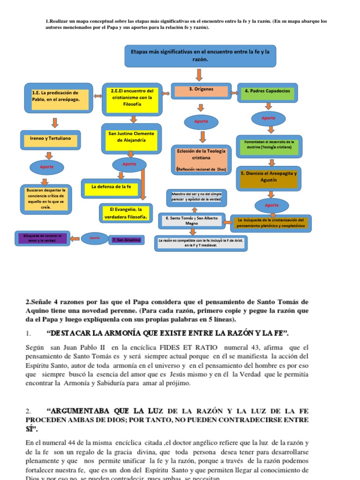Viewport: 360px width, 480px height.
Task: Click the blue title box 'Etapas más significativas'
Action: pyautogui.click(x=200, y=56)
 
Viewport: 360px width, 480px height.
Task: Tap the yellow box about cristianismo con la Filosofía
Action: pyautogui.click(x=132, y=97)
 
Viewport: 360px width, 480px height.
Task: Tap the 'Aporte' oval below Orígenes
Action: pyautogui.click(x=201, y=121)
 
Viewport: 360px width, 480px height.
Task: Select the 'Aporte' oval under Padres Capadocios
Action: pyautogui.click(x=268, y=118)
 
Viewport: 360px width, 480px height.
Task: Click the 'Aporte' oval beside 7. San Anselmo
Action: pyautogui.click(x=95, y=238)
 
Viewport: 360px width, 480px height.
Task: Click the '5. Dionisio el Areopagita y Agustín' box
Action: pyautogui.click(x=269, y=176)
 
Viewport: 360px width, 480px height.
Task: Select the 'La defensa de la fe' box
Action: pyautogui.click(x=111, y=187)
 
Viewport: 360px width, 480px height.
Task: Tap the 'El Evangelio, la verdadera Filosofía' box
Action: pyautogui.click(x=126, y=213)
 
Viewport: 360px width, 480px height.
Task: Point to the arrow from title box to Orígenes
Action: pyautogui.click(x=200, y=75)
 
